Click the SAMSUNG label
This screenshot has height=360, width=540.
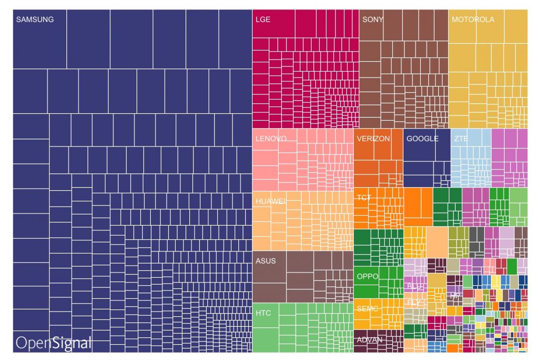point(35,20)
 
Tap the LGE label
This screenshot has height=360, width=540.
point(263,20)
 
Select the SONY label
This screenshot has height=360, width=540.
point(373,20)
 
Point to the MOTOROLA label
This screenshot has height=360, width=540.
point(473,20)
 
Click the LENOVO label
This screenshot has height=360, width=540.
point(271,139)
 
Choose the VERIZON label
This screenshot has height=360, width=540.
point(373,139)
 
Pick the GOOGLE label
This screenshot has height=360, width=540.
point(422,139)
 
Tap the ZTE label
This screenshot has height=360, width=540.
point(460,139)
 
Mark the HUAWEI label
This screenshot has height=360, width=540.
point(271,201)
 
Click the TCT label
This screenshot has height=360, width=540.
point(364,198)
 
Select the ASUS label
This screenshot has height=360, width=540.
point(265,260)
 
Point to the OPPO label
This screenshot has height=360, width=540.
point(368,276)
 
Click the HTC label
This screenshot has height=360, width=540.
point(263,313)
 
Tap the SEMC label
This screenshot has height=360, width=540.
point(368,308)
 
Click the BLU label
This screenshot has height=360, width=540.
point(415,286)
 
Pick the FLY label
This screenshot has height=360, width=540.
point(414,303)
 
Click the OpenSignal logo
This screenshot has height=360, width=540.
point(53,342)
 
